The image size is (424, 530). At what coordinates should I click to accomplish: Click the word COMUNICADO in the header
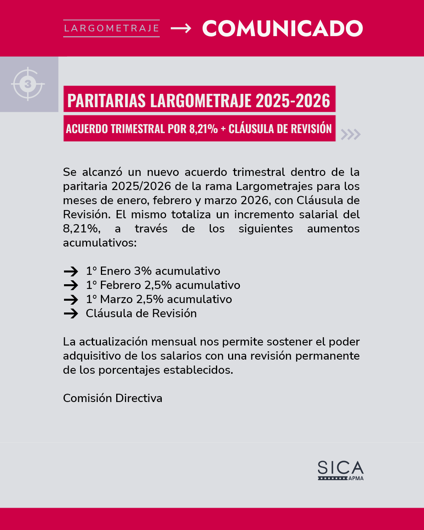(x=282, y=29)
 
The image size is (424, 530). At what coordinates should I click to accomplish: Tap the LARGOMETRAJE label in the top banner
(x=111, y=28)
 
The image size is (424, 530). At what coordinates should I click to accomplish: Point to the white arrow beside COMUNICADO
(x=181, y=28)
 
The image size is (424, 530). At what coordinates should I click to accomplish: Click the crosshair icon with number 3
(x=28, y=84)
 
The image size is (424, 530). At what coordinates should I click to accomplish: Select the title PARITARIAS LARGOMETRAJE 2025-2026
(x=199, y=101)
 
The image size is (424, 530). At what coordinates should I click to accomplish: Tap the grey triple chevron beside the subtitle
(x=350, y=134)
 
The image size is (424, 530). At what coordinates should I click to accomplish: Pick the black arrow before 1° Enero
(x=71, y=271)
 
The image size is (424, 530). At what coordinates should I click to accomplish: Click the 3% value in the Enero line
(x=143, y=271)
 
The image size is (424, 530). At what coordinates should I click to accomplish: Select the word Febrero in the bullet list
(x=120, y=285)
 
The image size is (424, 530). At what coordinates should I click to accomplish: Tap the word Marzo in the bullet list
(x=117, y=299)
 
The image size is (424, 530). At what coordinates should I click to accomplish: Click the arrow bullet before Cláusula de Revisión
(x=71, y=314)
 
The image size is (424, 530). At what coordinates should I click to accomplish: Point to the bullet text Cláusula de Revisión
(x=141, y=313)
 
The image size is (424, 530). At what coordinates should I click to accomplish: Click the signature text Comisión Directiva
(x=113, y=398)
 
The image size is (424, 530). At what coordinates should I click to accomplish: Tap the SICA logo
(x=340, y=468)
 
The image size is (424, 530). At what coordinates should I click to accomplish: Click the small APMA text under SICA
(x=356, y=478)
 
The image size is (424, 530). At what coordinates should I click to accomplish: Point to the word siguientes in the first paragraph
(x=265, y=228)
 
